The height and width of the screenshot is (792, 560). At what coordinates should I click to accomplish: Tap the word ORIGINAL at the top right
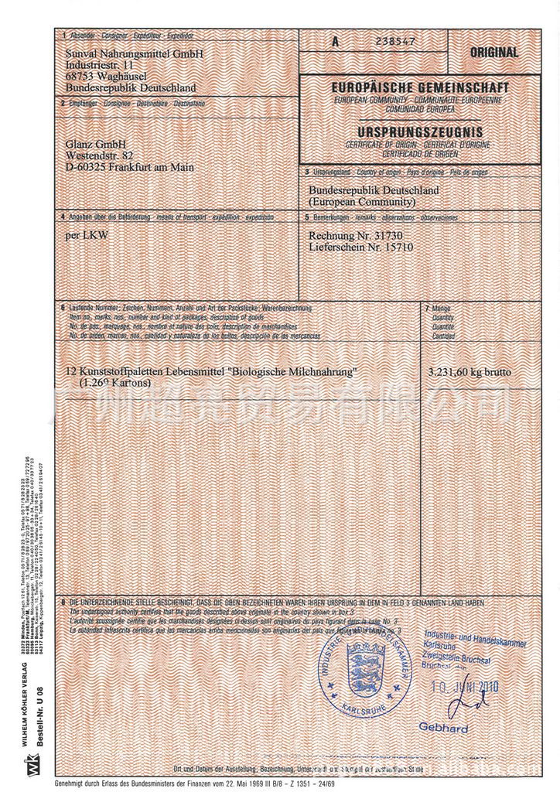[494, 53]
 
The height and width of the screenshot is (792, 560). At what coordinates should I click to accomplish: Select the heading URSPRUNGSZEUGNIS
[420, 132]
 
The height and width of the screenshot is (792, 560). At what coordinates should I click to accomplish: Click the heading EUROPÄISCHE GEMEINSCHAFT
[420, 90]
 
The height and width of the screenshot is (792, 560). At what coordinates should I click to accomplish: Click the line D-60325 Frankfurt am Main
[130, 167]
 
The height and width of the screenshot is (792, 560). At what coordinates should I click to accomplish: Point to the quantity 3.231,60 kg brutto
[470, 373]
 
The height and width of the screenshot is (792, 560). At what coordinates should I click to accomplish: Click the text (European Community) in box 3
[362, 202]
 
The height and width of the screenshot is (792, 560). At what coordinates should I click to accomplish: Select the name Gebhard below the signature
[443, 728]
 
